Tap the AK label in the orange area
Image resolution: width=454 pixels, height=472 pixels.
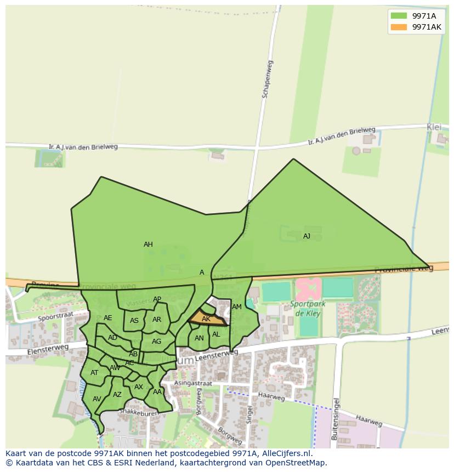[206, 319]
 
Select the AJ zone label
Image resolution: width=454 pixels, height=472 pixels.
[307, 236]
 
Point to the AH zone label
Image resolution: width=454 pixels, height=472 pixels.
[148, 244]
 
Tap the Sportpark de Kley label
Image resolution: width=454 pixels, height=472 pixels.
[308, 309]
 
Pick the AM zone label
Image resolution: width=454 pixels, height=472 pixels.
[237, 307]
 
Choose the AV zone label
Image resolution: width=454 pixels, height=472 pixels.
[97, 399]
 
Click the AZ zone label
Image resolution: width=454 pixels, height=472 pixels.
[117, 395]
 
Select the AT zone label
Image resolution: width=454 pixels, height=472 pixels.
[94, 373]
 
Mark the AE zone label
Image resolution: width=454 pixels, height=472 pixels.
[107, 318]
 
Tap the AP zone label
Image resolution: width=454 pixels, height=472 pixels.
[157, 299]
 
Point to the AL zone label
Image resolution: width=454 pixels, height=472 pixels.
[216, 334]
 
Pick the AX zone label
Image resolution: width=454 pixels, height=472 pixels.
[139, 387]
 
